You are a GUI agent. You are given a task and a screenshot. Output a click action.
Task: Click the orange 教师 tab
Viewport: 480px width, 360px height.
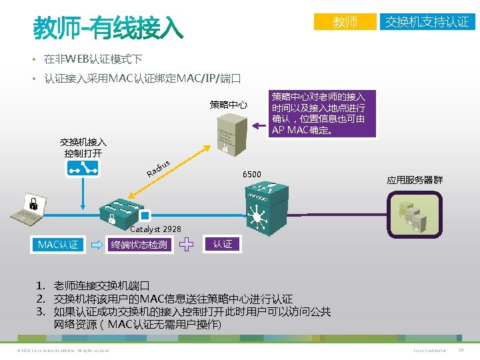tap(345, 22)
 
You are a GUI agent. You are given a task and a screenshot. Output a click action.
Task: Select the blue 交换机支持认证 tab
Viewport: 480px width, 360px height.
tap(427, 22)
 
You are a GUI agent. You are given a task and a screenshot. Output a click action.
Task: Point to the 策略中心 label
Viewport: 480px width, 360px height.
tap(228, 105)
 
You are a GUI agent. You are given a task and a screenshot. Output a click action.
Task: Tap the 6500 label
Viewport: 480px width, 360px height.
tap(252, 175)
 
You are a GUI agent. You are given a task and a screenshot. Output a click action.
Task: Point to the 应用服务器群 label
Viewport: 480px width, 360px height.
tap(414, 180)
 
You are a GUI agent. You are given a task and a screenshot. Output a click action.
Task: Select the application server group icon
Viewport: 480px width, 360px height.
tap(415, 213)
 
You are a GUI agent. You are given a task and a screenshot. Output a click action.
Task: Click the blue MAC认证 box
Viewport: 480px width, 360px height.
tap(58, 245)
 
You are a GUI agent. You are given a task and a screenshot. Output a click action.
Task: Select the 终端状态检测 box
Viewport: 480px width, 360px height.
tap(139, 245)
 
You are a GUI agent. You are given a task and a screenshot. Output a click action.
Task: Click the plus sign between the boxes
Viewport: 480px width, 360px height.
tap(188, 245)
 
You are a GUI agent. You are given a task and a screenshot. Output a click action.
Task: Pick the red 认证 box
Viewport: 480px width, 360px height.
tap(223, 244)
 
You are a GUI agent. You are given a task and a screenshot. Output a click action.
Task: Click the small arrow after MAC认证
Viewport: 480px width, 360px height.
tap(96, 245)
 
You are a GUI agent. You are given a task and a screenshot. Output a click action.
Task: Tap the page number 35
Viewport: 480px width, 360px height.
tap(461, 351)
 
